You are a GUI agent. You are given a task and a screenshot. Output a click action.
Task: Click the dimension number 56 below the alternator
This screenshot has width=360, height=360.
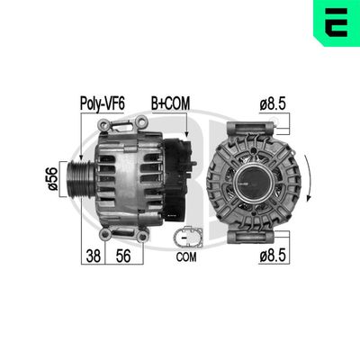125,255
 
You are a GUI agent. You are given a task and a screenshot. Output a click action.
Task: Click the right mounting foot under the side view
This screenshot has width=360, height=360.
141,235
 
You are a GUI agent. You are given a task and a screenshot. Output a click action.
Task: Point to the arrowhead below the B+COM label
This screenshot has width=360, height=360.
184,134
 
